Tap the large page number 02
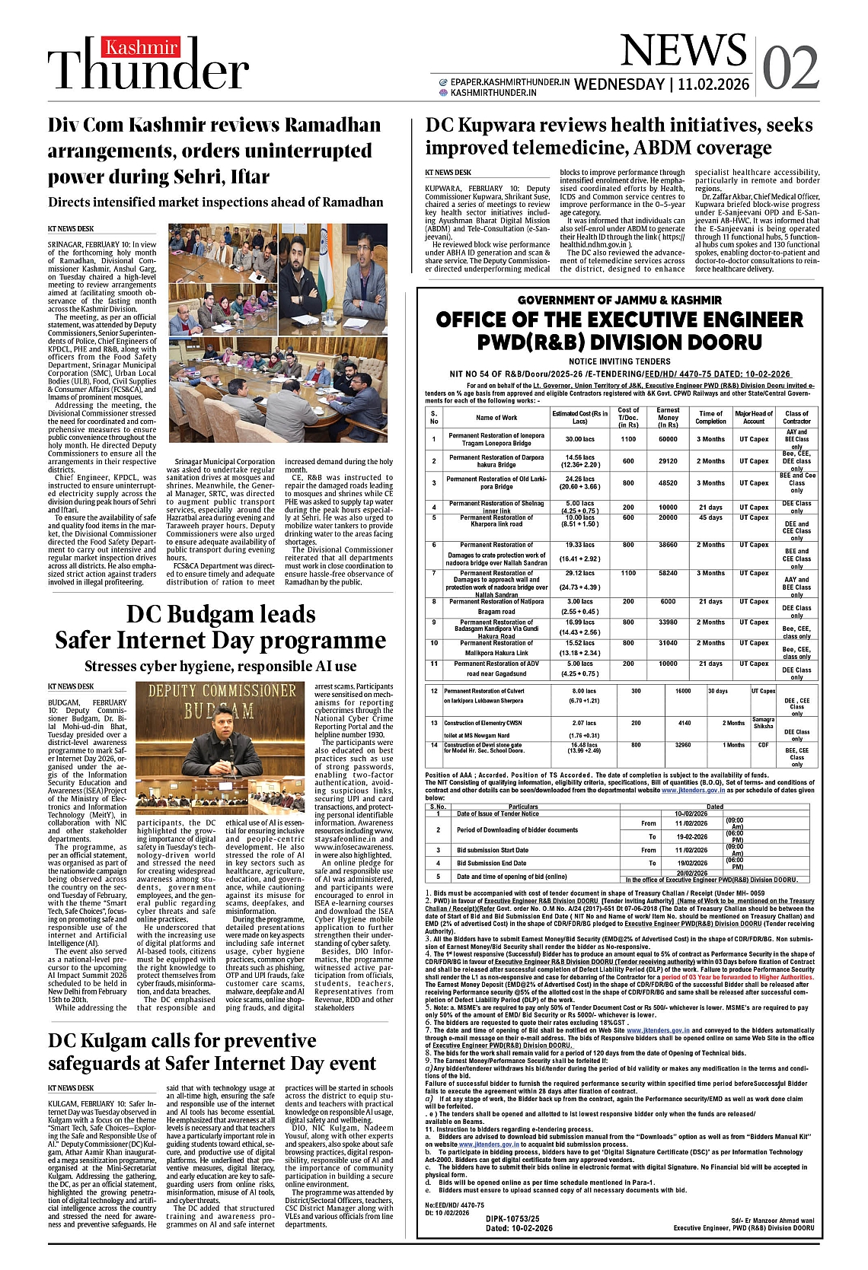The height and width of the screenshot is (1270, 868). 790,67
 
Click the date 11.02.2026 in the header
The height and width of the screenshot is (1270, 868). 715,84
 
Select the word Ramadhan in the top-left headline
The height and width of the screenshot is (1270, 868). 328,125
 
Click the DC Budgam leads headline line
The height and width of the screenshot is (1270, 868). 221,614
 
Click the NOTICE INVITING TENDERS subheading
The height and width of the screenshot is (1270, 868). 620,361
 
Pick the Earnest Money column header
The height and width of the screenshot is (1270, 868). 668,417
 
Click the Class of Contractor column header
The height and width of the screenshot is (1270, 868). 796,417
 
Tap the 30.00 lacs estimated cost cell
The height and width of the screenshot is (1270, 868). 579,439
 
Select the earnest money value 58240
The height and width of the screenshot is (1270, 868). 668,573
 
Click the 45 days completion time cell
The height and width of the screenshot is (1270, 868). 710,517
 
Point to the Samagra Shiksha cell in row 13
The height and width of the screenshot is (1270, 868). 763,723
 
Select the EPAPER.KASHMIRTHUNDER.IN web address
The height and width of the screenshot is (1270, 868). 509,81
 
